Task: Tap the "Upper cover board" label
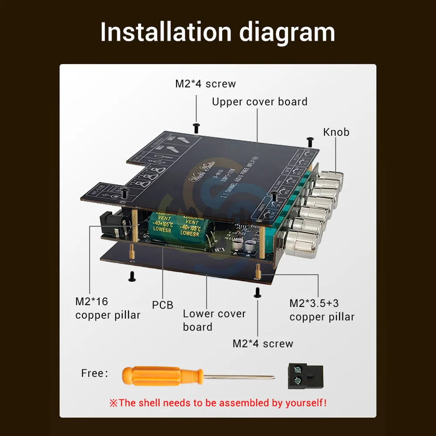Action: [x=259, y=102]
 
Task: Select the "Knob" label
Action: [x=336, y=132]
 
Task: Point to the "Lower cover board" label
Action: [x=214, y=320]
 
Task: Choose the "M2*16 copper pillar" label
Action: [x=108, y=308]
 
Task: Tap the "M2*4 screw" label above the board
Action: [x=205, y=84]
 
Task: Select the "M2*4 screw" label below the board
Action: [x=262, y=344]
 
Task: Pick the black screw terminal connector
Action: [x=304, y=376]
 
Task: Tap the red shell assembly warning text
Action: [x=218, y=402]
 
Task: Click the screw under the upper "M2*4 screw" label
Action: [x=196, y=127]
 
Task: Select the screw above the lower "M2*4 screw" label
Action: [x=257, y=293]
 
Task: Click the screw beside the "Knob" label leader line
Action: [x=310, y=141]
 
